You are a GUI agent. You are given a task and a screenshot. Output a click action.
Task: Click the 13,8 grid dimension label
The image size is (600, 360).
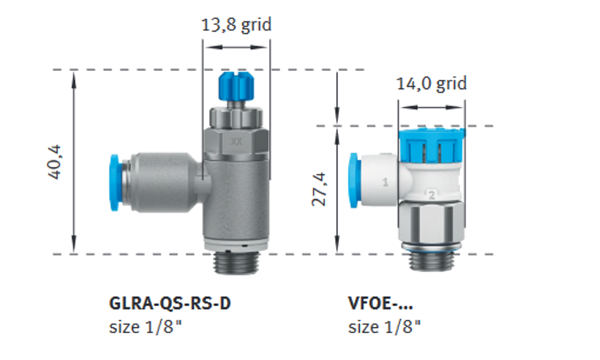pos(236,25)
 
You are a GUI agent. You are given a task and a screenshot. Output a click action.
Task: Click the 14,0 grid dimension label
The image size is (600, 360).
pos(431,83)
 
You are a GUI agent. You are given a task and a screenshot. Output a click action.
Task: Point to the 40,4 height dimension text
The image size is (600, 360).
pos(54,162)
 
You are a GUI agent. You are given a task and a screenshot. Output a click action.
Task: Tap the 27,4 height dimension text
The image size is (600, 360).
pos(319,190)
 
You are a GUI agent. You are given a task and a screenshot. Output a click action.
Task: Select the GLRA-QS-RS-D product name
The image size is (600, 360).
pos(170,304)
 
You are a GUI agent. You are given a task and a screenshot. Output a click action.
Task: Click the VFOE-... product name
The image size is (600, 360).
pos(380,304)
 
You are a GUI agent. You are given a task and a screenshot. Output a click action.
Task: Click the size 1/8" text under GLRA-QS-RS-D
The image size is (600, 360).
pos(146,327)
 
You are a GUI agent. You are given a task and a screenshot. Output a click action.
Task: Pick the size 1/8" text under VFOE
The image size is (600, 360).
pos(384,327)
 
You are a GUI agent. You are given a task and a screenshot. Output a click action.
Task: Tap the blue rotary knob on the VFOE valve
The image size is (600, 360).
pos(432,145)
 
